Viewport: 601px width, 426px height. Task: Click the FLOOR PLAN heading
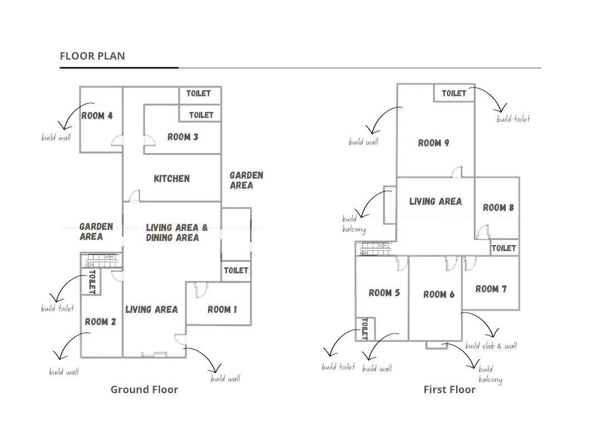pos(93,56)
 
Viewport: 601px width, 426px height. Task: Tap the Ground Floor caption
pos(144,390)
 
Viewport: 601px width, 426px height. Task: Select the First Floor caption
pos(449,390)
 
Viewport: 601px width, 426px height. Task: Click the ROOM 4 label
pos(97,116)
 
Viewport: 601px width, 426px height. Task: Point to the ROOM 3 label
pos(183,136)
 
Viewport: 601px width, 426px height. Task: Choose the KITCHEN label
pos(172,178)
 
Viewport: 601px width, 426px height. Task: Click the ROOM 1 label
pos(222,309)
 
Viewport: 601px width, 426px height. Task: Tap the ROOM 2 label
pos(100,321)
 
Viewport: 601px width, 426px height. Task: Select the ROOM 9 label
pos(434,143)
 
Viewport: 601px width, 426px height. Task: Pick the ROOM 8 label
pos(498,208)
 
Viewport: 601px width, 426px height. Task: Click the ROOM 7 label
pos(491,288)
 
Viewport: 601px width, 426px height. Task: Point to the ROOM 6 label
pos(439,295)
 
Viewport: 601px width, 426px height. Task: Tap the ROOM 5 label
pos(384,293)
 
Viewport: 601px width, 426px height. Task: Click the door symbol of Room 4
pos(117,140)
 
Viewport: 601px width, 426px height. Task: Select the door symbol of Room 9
pos(457,172)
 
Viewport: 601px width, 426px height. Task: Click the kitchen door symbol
pos(134,196)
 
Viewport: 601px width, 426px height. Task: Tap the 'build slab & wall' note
pos(491,346)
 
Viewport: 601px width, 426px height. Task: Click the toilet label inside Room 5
pos(365,329)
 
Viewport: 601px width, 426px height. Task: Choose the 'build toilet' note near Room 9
pos(513,119)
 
